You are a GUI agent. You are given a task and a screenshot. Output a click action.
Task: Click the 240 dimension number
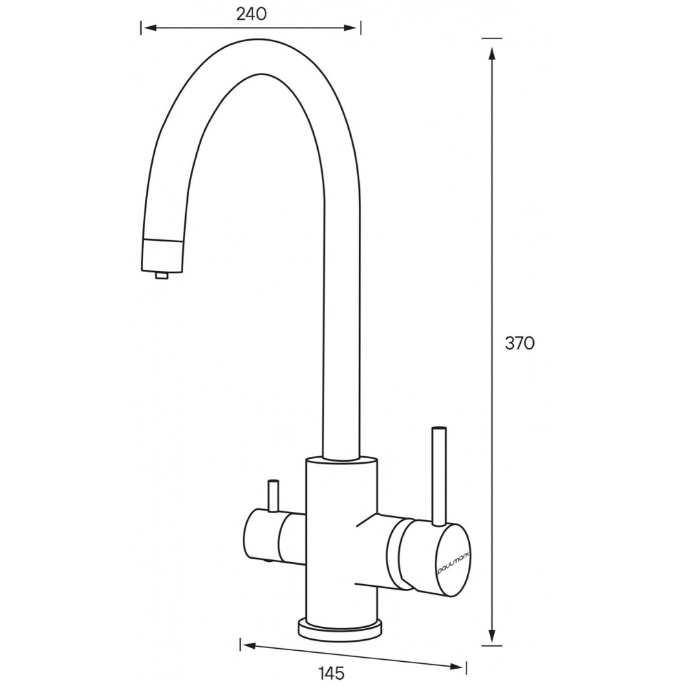[x=251, y=14]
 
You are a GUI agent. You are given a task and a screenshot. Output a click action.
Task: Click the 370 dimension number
[x=520, y=343]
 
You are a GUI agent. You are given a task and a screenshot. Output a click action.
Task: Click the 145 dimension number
[x=332, y=673]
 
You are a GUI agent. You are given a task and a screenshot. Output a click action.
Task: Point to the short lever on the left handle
[x=273, y=495]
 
